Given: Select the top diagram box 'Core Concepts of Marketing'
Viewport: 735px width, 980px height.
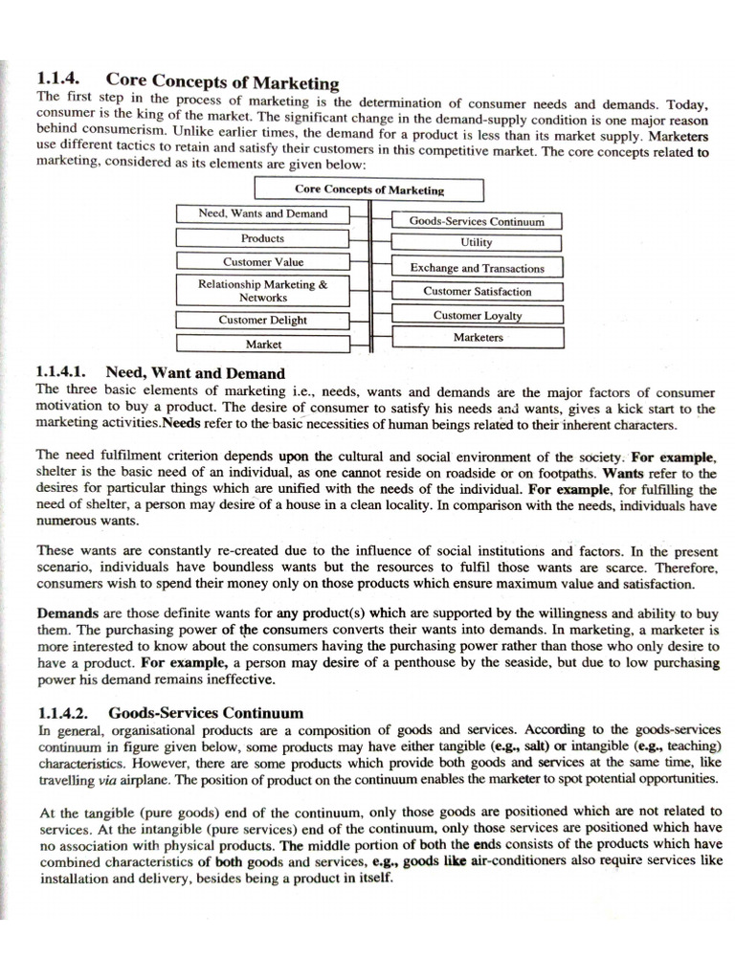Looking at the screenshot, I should coord(368,189).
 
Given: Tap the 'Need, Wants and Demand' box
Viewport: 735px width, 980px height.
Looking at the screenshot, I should coord(262,213).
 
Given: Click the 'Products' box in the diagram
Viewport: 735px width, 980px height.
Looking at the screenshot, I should coord(262,238).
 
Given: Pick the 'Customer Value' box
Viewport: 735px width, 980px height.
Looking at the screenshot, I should coord(262,261).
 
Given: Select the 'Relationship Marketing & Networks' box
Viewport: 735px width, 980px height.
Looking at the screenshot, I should coord(262,290).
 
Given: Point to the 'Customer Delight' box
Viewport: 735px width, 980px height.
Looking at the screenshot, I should coord(262,320).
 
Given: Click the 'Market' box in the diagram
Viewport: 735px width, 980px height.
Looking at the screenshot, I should coord(262,344).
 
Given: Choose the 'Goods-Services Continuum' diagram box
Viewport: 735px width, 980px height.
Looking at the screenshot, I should coord(477,221).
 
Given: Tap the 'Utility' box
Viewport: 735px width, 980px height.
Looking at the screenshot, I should coord(477,243).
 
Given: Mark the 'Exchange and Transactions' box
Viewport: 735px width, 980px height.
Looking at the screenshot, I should coord(477,268).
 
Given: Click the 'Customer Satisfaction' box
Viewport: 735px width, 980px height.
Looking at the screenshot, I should coord(477,291).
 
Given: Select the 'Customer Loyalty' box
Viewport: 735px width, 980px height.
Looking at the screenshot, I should coord(477,315).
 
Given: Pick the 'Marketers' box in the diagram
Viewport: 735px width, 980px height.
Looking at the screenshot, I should coord(477,337).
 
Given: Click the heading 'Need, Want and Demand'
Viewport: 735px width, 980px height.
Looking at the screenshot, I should coord(195,372).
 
